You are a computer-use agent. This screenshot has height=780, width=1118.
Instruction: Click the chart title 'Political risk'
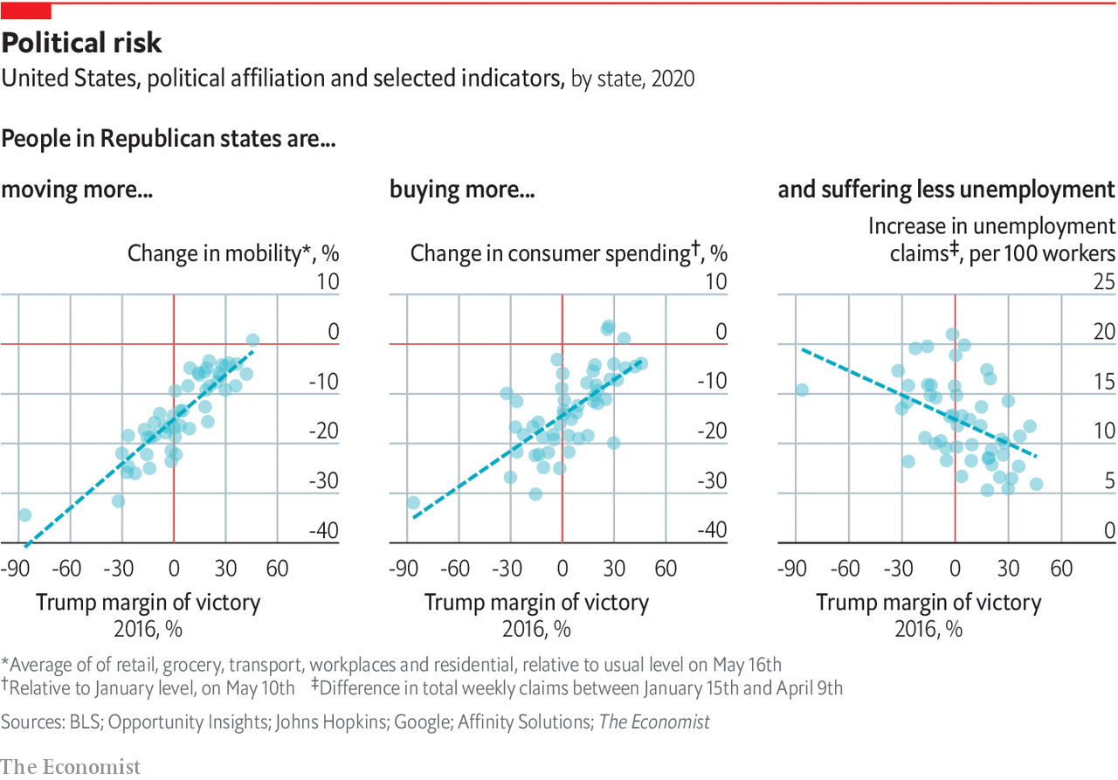82,43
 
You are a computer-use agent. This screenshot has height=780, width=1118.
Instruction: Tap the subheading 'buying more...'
462,190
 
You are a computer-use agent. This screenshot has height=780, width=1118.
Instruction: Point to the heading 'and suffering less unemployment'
946,190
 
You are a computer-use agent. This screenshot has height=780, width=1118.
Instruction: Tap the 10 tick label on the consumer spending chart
715,282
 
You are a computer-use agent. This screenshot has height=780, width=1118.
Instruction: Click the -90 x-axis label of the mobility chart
15,569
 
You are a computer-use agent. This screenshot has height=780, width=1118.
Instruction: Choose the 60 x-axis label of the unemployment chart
1060,569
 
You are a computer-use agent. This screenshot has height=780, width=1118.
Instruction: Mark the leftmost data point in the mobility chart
24,515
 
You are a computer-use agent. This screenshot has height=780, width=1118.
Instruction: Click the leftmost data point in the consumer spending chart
413,503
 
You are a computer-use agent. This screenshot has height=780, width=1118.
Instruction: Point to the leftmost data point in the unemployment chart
801,390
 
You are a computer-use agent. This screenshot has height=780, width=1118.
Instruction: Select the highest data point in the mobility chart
252,340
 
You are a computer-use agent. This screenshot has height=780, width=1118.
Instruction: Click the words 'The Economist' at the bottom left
70,766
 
